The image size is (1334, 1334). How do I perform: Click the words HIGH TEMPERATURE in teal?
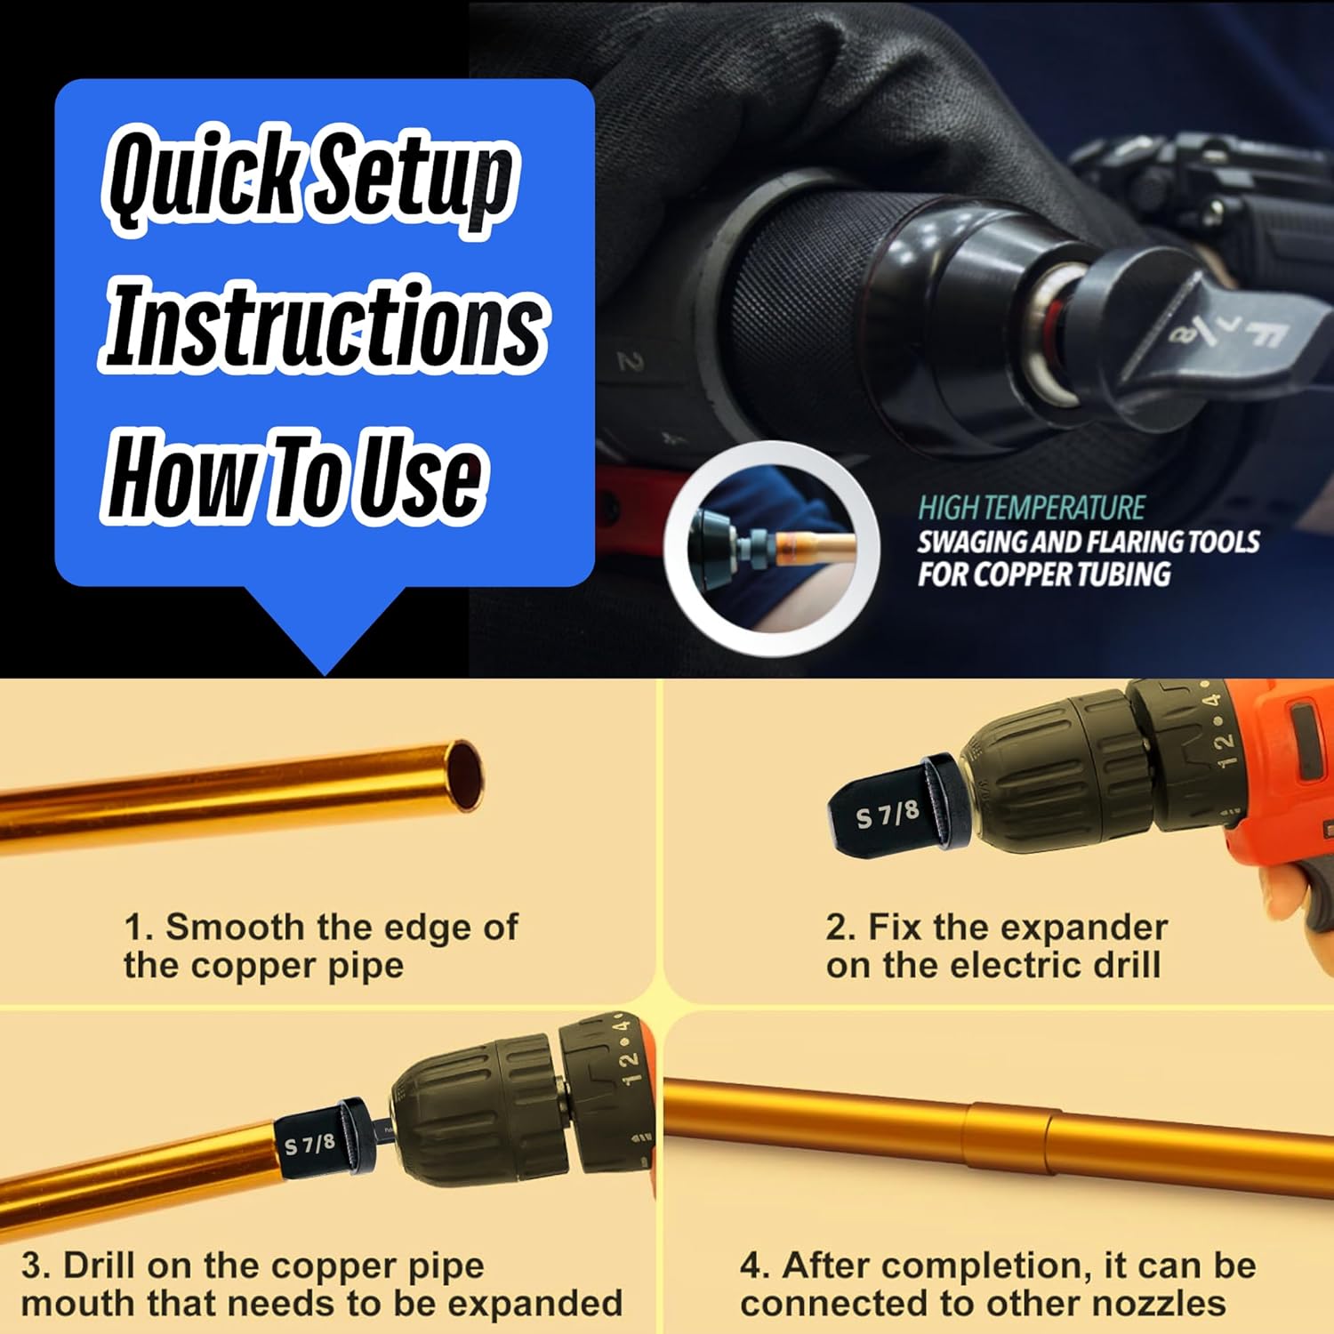coord(1032,508)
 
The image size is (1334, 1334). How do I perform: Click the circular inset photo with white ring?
coord(772,537)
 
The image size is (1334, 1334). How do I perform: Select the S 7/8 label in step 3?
coord(309,1144)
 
